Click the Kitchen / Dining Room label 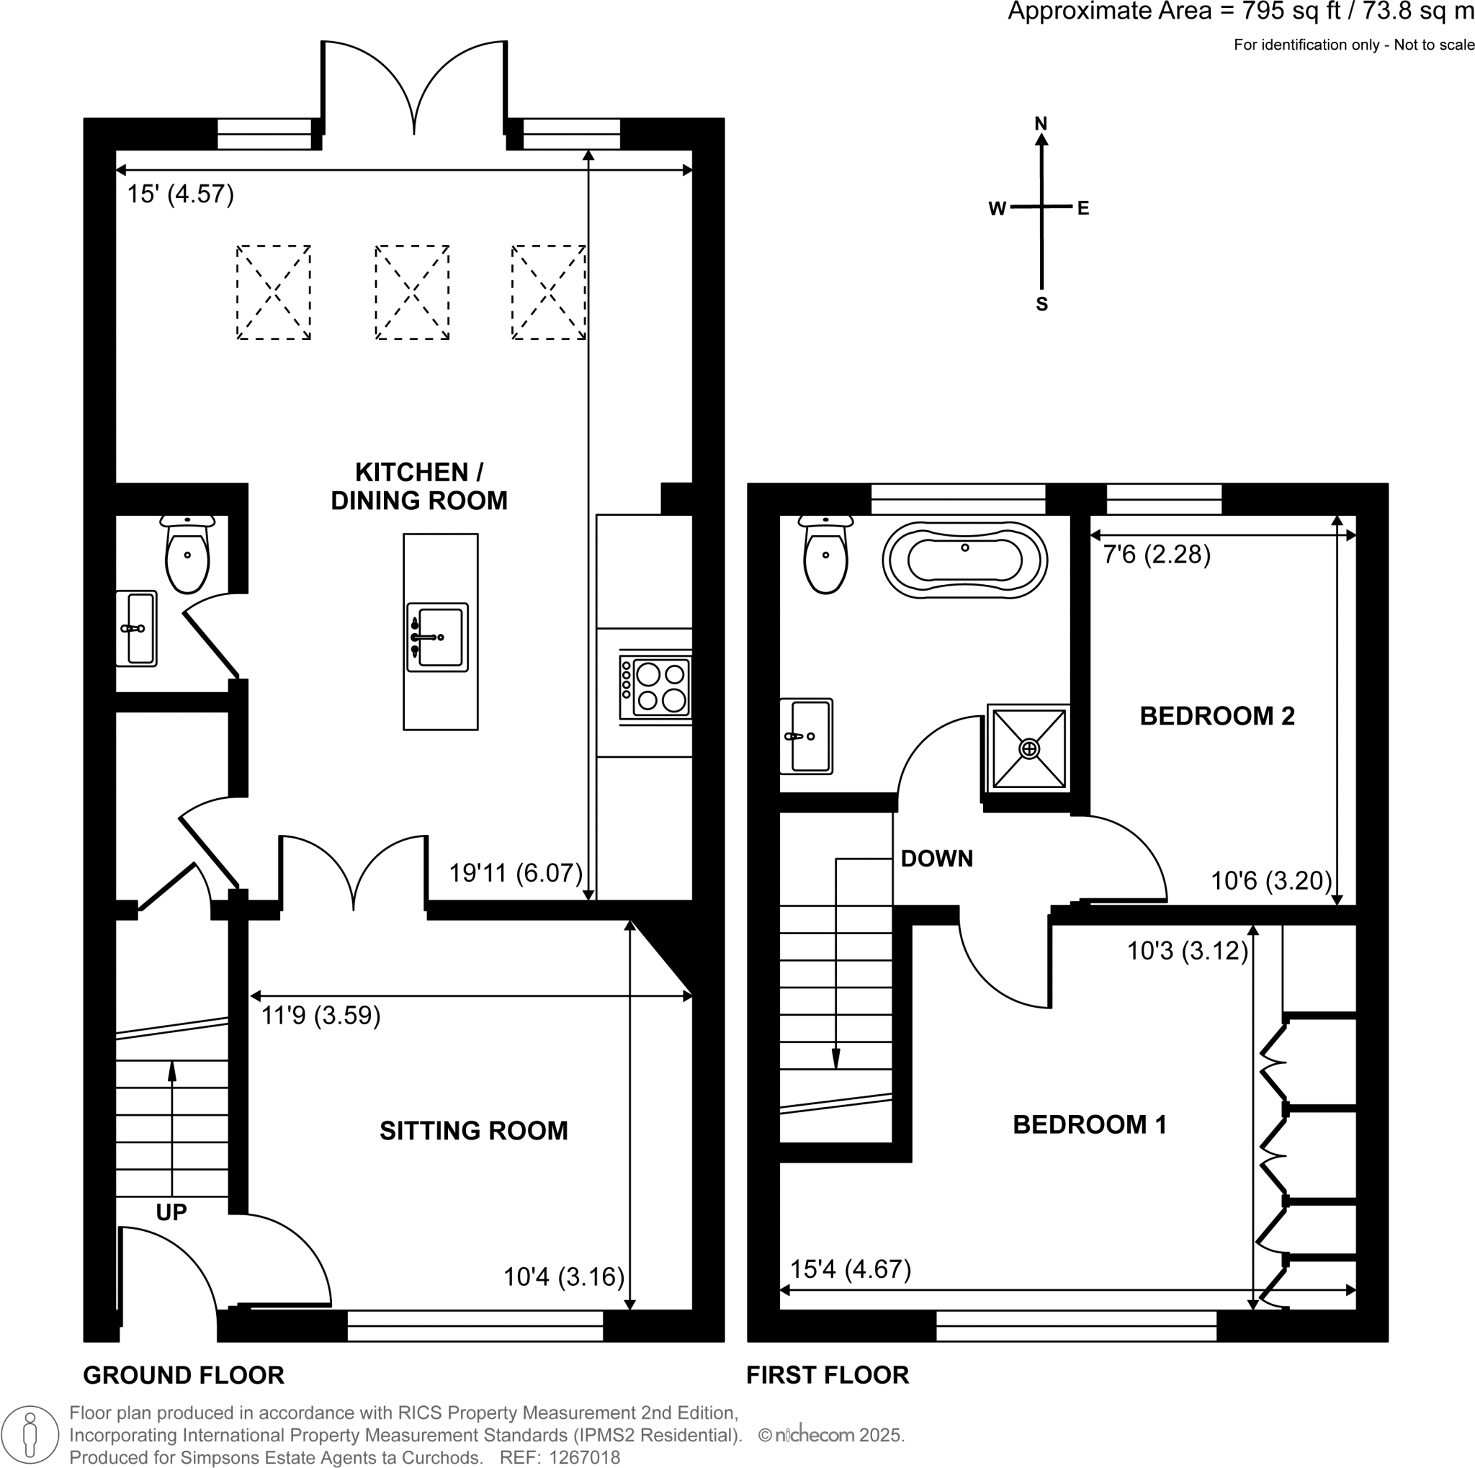coord(419,486)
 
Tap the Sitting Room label coord(473,1131)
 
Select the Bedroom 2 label coord(1217,716)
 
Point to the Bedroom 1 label coord(1090,1124)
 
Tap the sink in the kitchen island coord(437,637)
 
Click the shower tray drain coord(1029,749)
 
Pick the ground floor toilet coord(187,554)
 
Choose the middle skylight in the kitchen coord(412,292)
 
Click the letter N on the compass coord(1041,123)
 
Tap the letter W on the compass coord(997,209)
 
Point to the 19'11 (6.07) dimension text coord(516,872)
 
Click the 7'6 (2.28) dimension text coord(1157,554)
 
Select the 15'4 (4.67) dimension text coord(851,1269)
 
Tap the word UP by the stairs coord(171,1212)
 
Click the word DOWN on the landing coord(937,859)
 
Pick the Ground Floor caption coord(183,1376)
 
